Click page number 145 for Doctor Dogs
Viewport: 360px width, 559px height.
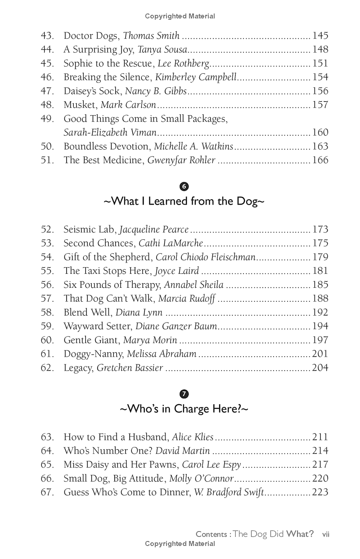coord(320,36)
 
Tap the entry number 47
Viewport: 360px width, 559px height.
coord(47,91)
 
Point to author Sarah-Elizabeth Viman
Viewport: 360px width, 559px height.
coord(110,133)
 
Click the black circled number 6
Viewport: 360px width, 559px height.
coord(184,187)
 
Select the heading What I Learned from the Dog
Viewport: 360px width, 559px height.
coord(184,201)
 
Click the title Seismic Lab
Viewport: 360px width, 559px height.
coord(90,230)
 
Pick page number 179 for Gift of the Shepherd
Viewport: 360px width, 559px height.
coord(320,257)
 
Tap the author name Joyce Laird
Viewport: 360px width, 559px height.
coord(177,271)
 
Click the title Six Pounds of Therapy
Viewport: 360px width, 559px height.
coord(112,285)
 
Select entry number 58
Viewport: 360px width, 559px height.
coord(47,313)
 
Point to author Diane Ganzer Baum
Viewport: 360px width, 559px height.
coord(176,326)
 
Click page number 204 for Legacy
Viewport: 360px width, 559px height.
coord(320,368)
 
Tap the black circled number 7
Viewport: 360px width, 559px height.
coord(184,394)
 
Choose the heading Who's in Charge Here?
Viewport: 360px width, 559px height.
coord(184,409)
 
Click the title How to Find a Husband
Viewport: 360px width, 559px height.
coord(116,437)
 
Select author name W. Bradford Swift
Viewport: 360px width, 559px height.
coord(229,492)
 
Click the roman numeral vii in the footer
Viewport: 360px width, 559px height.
coord(326,534)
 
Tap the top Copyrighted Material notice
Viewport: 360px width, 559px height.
coord(180,16)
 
